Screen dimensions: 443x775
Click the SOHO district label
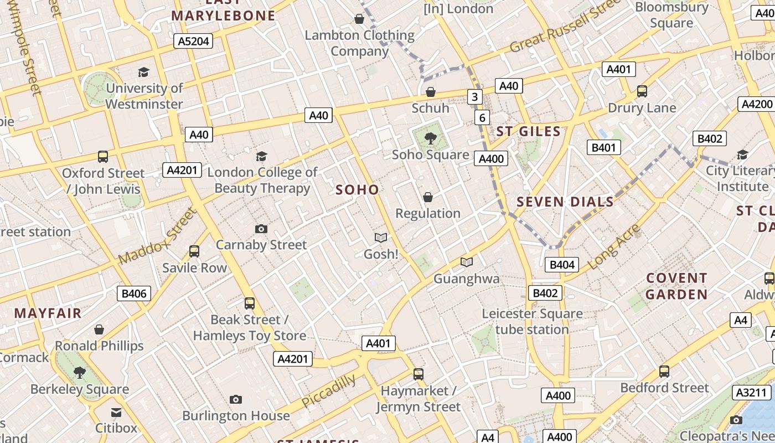point(357,190)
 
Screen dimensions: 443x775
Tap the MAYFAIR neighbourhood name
point(48,313)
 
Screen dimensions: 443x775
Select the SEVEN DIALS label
point(565,202)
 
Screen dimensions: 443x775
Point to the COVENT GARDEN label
point(676,286)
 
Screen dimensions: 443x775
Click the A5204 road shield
point(193,40)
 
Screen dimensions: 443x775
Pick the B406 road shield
point(133,293)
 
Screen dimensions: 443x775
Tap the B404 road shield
point(562,265)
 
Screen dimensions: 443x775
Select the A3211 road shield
point(752,393)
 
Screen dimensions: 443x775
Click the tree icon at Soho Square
point(430,138)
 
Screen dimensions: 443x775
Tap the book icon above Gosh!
point(381,238)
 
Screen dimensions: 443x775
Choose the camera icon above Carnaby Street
point(261,229)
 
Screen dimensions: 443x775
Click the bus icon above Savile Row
point(194,251)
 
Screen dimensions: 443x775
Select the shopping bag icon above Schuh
point(430,91)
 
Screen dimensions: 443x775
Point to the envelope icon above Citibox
point(116,413)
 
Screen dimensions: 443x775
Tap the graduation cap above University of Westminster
point(144,72)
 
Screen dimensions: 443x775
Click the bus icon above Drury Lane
point(642,91)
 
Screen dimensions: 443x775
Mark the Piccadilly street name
point(329,390)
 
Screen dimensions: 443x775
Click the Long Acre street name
point(614,246)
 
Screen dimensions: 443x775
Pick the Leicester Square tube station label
point(532,322)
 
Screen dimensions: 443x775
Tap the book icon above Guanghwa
point(467,262)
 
